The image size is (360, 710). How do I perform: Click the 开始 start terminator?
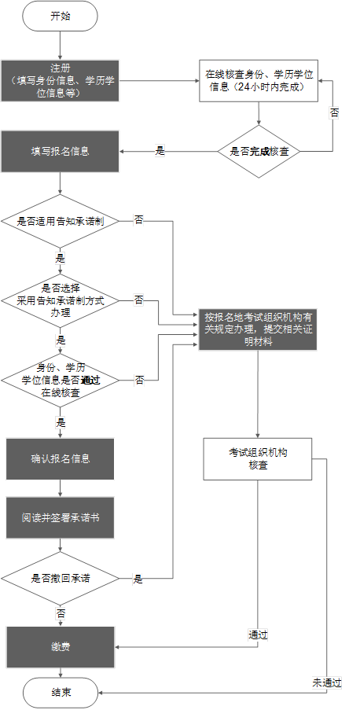click(60, 16)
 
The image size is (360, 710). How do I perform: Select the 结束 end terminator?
click(61, 693)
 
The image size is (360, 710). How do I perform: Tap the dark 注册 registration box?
click(60, 80)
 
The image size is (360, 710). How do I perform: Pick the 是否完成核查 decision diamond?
click(259, 151)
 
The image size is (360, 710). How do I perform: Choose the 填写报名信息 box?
click(60, 151)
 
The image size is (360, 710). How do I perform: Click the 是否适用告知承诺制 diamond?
click(60, 222)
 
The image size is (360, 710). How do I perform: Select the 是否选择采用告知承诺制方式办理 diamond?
click(60, 300)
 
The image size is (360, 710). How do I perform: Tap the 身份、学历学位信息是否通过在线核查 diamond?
click(60, 379)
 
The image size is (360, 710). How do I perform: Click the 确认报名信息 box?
click(61, 458)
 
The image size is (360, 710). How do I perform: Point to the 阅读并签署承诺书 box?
click(61, 519)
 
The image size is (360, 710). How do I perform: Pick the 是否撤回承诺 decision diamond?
click(60, 578)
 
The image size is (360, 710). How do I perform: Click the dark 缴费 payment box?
click(61, 647)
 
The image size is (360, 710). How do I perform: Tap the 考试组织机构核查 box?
click(258, 459)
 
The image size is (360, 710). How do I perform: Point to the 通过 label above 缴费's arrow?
click(258, 635)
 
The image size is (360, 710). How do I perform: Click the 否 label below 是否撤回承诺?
click(61, 612)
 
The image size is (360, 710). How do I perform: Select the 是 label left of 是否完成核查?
click(160, 151)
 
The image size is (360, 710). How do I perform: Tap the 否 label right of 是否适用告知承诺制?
click(138, 221)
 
